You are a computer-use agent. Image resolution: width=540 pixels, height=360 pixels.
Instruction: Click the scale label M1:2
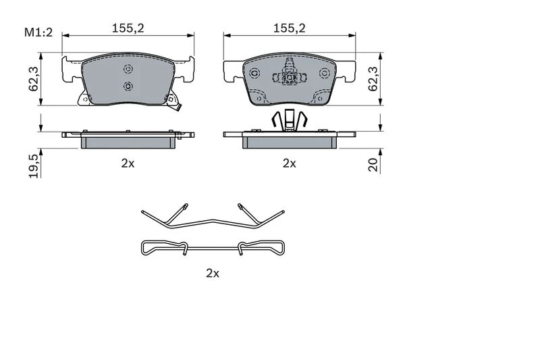[38, 32]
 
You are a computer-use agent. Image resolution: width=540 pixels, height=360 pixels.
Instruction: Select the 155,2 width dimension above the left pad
[128, 28]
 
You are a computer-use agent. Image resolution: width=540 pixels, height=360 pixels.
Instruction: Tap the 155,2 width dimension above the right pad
[290, 28]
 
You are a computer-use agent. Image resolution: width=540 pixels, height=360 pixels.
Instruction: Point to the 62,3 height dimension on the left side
[33, 79]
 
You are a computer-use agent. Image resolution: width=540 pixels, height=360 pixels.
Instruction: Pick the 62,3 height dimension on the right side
[373, 79]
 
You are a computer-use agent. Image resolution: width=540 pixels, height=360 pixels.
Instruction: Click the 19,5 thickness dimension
[33, 166]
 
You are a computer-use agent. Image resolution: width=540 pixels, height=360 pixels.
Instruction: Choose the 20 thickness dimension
[373, 164]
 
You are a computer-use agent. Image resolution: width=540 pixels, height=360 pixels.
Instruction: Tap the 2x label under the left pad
[128, 163]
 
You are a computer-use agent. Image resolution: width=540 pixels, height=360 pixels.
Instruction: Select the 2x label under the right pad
[290, 163]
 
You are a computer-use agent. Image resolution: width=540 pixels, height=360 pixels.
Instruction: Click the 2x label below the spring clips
[213, 273]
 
